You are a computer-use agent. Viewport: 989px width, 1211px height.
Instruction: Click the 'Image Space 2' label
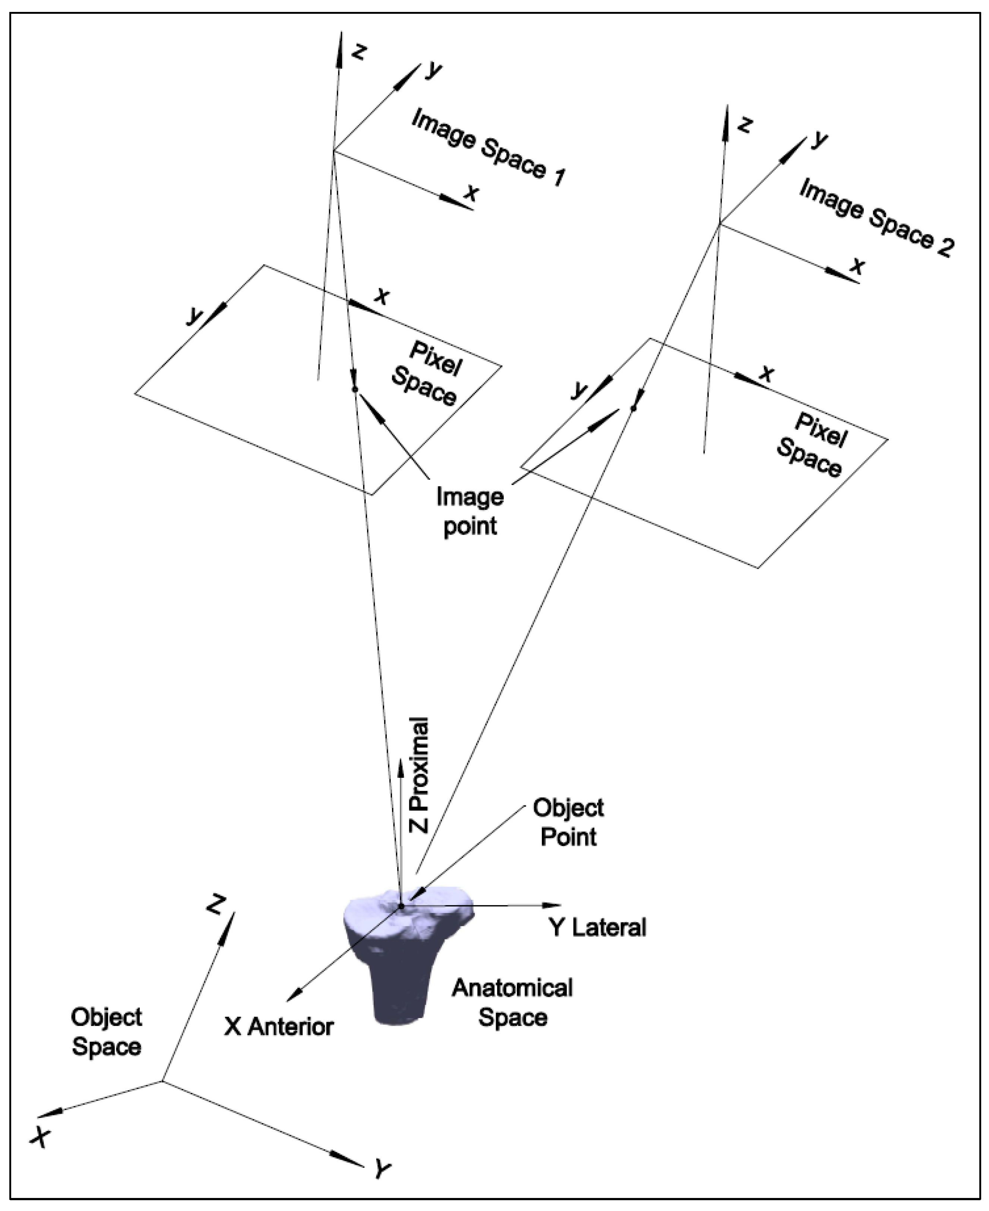coord(876,218)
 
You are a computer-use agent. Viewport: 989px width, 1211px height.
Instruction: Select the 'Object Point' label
coord(568,822)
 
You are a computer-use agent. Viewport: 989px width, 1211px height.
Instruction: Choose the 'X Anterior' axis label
coord(279,1027)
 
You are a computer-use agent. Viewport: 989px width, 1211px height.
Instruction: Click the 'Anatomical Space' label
coord(512,1003)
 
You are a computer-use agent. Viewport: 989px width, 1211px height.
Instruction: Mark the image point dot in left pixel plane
coord(354,389)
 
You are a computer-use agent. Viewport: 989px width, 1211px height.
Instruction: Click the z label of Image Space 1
coord(358,52)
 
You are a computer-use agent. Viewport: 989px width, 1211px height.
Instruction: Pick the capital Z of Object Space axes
coord(216,904)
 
